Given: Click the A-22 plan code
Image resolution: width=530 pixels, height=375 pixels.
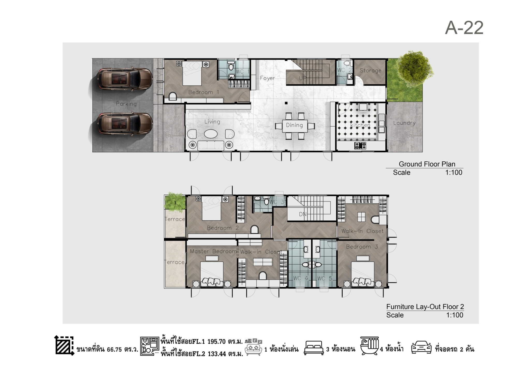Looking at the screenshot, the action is click(x=464, y=28).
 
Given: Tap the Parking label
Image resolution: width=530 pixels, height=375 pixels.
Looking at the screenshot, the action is click(x=126, y=104).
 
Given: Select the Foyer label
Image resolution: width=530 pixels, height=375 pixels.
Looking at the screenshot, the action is click(x=267, y=78).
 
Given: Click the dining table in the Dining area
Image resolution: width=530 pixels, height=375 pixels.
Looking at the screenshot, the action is click(x=295, y=126).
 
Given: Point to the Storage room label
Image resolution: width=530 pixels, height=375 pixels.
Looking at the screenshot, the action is click(x=370, y=70).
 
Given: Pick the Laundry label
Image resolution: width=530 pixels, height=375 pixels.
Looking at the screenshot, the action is click(x=404, y=123).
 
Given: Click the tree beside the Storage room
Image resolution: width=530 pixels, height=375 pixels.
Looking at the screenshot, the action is click(x=415, y=69).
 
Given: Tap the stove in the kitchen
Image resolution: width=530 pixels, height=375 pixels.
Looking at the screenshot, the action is click(x=360, y=146).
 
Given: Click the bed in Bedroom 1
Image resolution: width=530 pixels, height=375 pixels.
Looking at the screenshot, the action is click(x=192, y=73).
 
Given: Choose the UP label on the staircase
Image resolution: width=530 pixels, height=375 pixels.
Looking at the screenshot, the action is click(x=303, y=78).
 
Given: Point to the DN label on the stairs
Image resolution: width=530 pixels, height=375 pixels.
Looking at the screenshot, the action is click(x=303, y=214).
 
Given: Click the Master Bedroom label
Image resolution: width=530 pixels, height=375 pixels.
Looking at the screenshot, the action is click(x=214, y=251).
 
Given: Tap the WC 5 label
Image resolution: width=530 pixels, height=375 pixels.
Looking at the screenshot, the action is click(x=325, y=279).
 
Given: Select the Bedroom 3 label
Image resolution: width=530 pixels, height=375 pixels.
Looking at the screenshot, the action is click(x=362, y=247).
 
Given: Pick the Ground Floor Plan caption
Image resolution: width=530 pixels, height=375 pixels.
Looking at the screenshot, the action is click(x=427, y=164).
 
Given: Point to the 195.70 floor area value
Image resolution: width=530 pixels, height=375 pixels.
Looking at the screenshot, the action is click(x=216, y=342).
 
